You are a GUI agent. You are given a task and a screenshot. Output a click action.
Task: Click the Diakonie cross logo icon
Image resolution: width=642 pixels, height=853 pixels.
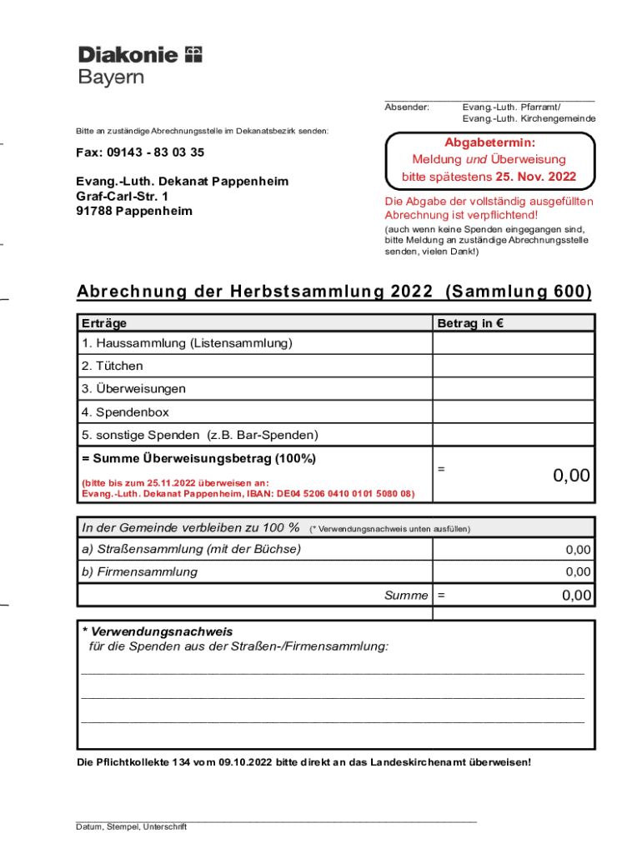193,55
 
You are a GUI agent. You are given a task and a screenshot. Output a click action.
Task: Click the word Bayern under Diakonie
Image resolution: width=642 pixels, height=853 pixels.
111,77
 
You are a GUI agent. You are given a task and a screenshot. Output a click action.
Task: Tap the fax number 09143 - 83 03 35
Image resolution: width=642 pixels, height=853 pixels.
140,152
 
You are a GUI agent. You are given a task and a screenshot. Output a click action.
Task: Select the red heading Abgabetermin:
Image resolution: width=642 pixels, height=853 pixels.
489,142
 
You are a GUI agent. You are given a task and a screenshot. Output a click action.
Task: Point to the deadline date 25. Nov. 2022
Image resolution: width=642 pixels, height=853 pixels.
535,177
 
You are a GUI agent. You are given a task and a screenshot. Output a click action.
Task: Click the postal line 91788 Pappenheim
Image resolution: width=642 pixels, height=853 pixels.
134,211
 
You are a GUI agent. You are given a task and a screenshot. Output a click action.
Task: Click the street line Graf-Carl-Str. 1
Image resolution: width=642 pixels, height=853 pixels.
122,196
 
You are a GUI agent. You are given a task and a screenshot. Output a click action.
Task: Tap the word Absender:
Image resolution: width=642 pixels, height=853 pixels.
407,107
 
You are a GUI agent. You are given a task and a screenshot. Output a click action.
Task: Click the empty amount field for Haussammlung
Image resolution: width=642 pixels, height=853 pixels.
513,343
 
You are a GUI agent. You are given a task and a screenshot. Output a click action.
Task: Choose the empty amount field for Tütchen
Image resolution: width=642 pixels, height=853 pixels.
513,366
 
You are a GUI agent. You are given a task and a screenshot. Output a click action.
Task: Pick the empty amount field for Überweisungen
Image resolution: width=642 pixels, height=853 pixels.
513,389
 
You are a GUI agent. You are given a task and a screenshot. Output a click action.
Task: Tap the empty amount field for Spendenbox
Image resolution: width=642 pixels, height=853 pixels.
513,412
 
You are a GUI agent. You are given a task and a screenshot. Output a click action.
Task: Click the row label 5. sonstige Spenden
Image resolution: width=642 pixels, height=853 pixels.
199,435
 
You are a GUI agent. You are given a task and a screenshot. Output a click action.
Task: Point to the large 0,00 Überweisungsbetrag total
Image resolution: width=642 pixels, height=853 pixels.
571,476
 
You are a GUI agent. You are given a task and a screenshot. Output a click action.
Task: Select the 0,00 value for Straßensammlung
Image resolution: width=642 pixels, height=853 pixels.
578,550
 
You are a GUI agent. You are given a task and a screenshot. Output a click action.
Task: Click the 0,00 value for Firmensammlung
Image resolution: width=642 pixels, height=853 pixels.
578,571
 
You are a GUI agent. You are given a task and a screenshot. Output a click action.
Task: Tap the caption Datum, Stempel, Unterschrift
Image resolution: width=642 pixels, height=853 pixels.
131,827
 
